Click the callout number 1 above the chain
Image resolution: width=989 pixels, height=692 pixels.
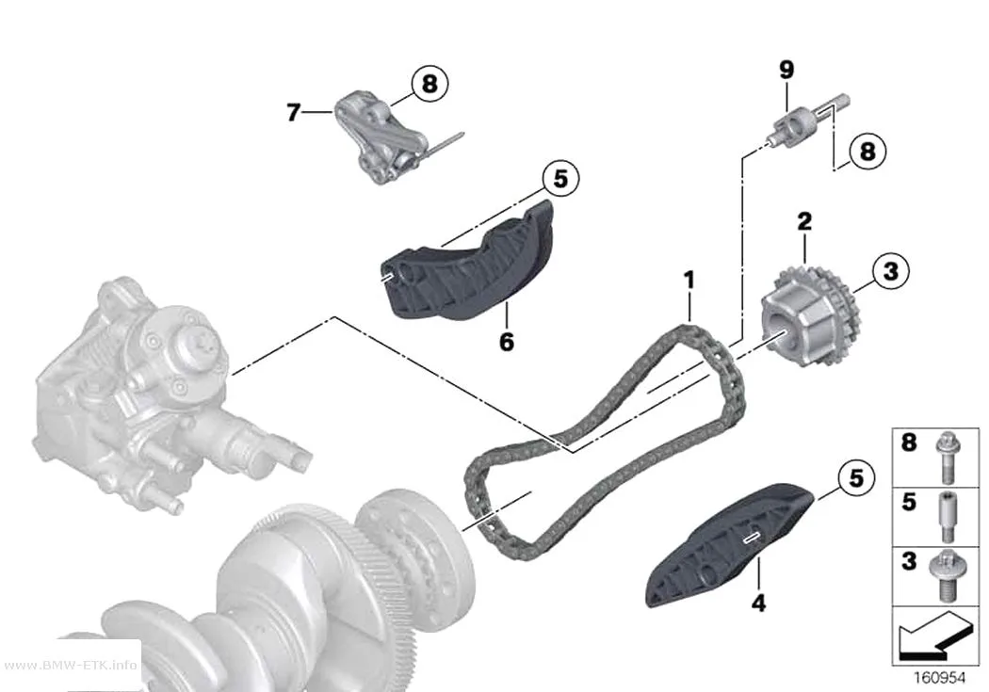pos(689,281)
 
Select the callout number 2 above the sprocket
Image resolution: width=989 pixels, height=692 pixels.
pos(804,222)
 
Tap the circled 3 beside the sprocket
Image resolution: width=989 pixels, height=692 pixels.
pos(890,272)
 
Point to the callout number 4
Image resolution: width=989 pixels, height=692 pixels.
pos(759,603)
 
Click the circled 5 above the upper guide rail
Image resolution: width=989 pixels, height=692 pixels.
pos(560,178)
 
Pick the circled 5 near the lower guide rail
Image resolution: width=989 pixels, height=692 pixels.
pos(856,477)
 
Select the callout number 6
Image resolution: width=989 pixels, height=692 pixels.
pos(507,342)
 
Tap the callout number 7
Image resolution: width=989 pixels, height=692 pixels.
pos(293,112)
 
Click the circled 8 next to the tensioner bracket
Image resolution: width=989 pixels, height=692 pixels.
pos(430,83)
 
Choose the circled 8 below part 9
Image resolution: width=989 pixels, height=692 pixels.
pos(867,152)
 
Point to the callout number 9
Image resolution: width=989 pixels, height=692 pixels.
pos(786,70)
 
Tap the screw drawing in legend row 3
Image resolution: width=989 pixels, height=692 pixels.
pos(945,575)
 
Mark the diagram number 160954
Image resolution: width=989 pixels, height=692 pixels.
pos(940,678)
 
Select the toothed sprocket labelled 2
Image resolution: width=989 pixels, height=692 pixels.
pos(811,315)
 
